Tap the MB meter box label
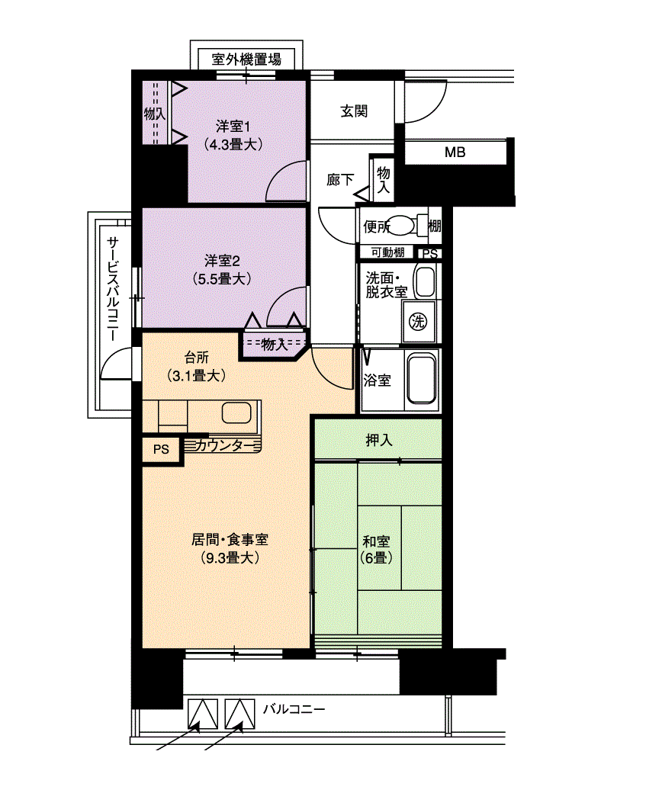[x=455, y=152]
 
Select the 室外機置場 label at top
[x=246, y=59]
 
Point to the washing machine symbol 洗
[x=417, y=321]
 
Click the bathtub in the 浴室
[x=421, y=379]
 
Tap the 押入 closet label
[x=379, y=440]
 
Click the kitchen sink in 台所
[x=236, y=414]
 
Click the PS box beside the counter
[x=161, y=449]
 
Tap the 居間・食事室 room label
[x=229, y=547]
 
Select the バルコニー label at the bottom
[x=294, y=709]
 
